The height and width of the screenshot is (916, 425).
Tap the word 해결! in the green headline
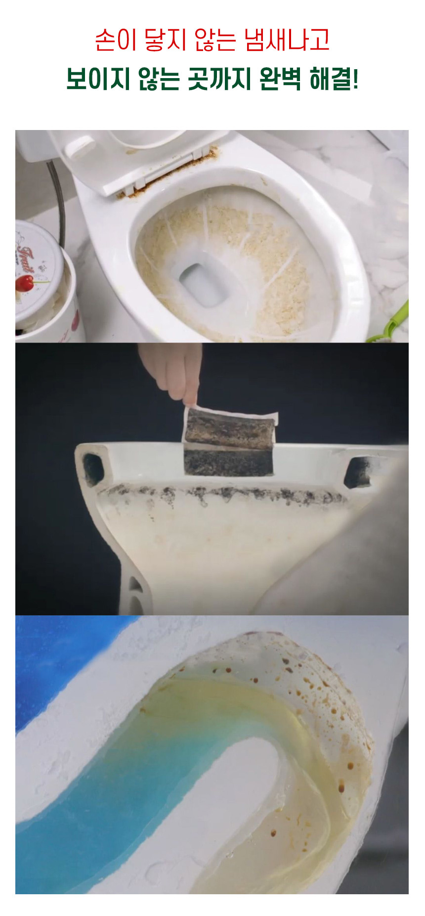[x=334, y=79]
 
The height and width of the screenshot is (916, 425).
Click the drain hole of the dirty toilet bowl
[x=201, y=283]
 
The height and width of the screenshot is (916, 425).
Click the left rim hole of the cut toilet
[x=93, y=468]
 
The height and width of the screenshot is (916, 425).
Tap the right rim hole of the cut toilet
[x=359, y=472]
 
